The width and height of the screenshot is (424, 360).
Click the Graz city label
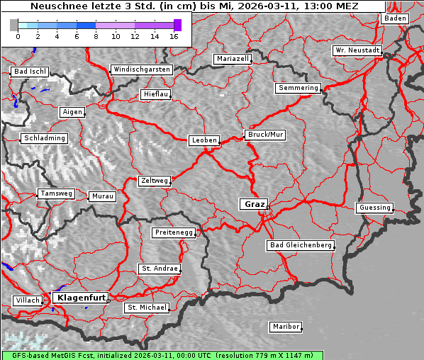[x=255, y=204]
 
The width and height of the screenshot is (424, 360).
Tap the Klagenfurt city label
[x=82, y=298]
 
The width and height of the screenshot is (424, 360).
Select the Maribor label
[x=286, y=327]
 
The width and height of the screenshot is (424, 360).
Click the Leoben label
[x=204, y=140]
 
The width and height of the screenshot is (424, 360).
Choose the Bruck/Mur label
[x=265, y=134]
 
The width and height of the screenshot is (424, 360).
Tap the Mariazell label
[x=233, y=59]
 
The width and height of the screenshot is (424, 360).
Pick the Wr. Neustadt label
[x=357, y=51]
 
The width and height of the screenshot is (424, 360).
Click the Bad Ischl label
[x=30, y=72]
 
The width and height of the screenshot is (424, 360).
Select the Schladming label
[x=44, y=138]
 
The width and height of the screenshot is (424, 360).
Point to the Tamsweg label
[x=55, y=193]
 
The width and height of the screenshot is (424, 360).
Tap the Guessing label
[x=374, y=208]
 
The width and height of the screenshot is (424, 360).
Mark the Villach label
[x=28, y=300]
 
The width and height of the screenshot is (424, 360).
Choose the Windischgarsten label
[x=142, y=69]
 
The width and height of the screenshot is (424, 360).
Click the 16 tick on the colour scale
[x=174, y=36]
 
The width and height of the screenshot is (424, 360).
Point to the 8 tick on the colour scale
[x=96, y=36]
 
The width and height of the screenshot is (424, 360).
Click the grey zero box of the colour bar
[x=14, y=25]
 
